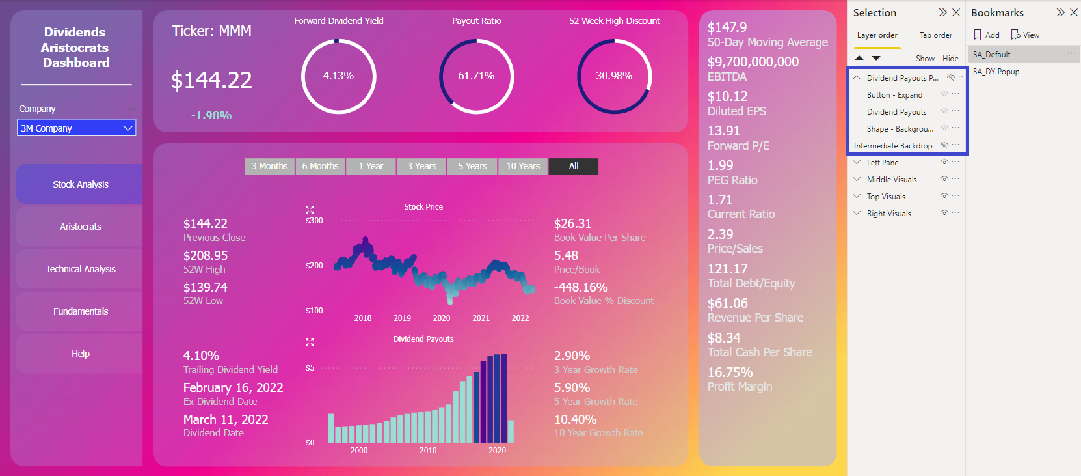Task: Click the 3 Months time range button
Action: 269,167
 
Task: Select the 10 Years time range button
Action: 523,167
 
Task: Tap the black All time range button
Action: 573,167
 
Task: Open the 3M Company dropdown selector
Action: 76,128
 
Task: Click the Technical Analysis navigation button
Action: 80,269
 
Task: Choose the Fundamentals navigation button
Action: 80,311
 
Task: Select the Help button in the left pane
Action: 80,354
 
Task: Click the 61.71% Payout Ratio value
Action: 476,76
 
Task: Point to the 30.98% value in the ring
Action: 614,76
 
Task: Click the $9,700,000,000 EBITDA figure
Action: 753,62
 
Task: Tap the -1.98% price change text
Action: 211,115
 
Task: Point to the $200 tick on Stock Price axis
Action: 314,266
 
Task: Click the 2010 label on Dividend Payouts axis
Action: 428,451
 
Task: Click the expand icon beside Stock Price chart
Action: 310,210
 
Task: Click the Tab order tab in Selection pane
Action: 935,35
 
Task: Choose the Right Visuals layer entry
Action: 888,214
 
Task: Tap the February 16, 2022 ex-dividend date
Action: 233,388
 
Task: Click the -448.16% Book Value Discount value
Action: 581,288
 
